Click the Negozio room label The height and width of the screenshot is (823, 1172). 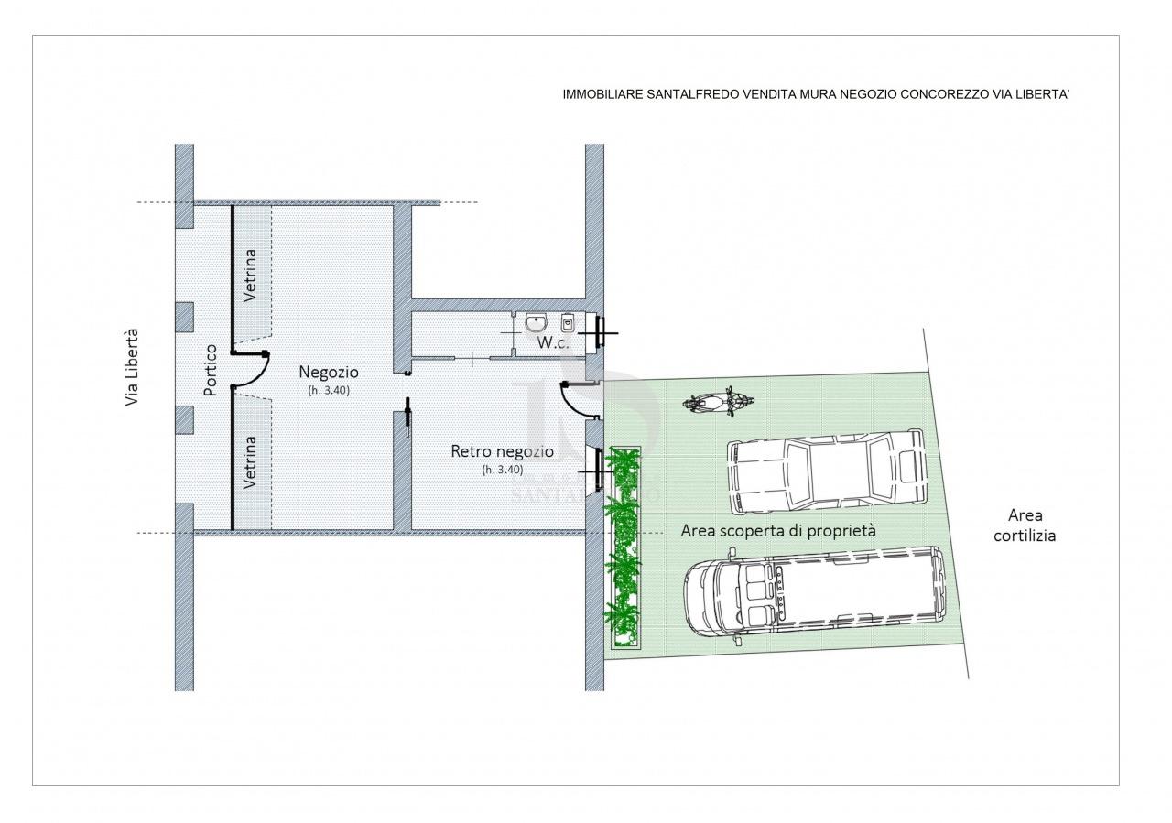[329, 372]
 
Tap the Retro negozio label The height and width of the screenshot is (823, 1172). [503, 451]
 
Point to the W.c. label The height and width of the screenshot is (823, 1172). [553, 343]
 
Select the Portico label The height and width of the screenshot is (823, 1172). [211, 369]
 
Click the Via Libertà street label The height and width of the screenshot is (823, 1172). [132, 367]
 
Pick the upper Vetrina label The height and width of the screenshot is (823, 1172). [251, 276]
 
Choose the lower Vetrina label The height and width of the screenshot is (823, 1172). [251, 462]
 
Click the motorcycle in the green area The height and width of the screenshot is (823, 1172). [718, 402]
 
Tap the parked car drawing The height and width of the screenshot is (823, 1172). [827, 472]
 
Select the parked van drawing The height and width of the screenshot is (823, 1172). [816, 595]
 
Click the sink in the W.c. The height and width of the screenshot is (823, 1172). [536, 323]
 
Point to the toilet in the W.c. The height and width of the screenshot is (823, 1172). [568, 323]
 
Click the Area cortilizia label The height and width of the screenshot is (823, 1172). [1025, 525]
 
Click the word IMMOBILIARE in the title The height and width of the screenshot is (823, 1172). [602, 94]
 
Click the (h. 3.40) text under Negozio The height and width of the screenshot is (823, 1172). [329, 390]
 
